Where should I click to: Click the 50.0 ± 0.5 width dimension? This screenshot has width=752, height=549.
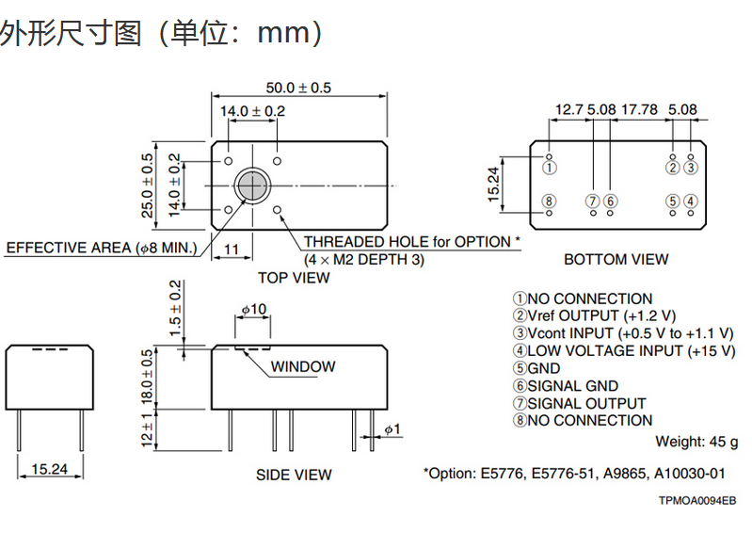[298, 88]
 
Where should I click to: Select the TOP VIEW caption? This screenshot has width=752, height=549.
[294, 278]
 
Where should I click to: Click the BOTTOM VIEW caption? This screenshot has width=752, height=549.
[616, 259]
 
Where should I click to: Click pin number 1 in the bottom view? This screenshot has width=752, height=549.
[551, 168]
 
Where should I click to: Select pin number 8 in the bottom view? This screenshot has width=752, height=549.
[551, 201]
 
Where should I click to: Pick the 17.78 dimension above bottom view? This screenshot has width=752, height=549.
[639, 109]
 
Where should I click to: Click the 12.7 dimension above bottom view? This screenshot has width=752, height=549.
[568, 109]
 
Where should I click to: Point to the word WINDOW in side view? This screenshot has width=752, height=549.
[303, 366]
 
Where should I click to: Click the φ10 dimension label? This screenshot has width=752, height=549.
[253, 309]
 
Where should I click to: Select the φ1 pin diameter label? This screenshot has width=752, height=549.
[392, 429]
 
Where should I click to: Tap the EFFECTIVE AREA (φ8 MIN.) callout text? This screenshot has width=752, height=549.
[102, 248]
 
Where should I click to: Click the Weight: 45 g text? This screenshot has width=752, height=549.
[696, 442]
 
